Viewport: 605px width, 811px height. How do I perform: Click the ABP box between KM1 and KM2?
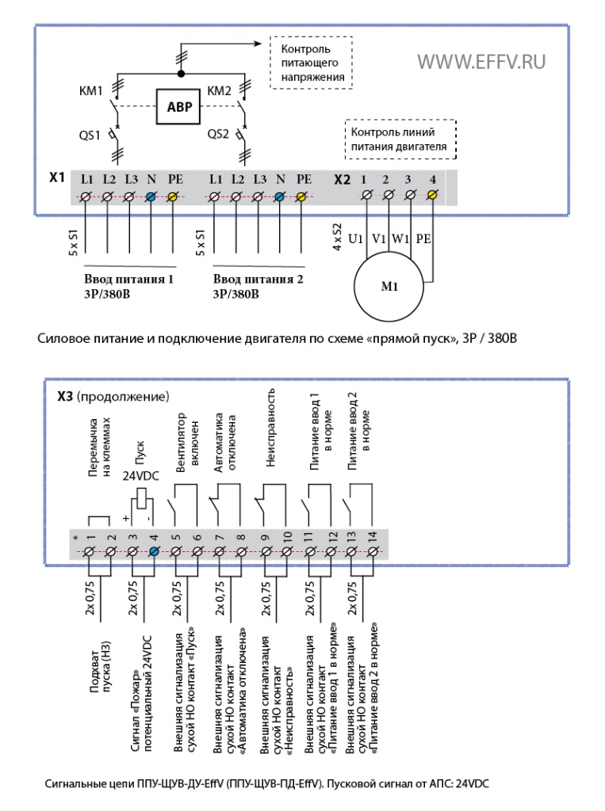(178, 107)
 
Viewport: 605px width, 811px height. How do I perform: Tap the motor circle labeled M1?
(389, 287)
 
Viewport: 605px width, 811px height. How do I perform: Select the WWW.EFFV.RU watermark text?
(481, 62)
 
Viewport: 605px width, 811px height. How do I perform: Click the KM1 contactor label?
(90, 91)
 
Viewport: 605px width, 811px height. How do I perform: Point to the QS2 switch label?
(218, 134)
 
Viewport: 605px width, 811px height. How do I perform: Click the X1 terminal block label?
(57, 178)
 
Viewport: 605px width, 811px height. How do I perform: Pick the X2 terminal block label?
(342, 180)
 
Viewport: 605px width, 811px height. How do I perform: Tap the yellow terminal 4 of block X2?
(432, 195)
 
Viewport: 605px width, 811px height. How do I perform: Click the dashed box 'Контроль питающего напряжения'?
(312, 63)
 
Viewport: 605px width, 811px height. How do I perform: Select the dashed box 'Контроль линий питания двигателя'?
(400, 139)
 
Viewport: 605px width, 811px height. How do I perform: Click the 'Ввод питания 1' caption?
(128, 280)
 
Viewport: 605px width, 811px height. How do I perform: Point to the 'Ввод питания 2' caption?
(258, 280)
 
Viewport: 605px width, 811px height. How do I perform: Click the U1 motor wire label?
(355, 238)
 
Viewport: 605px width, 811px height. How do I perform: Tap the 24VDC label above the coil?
(140, 476)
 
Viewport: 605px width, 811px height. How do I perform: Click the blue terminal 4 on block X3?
(154, 552)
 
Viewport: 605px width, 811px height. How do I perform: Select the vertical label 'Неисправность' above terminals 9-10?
(270, 428)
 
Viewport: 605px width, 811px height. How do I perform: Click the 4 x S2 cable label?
(337, 237)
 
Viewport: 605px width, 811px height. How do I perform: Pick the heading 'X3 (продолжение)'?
(113, 397)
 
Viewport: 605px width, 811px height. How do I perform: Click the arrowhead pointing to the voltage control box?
(258, 44)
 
